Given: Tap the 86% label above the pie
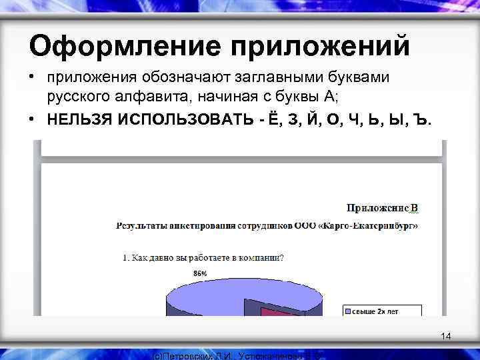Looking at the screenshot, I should coord(199,273).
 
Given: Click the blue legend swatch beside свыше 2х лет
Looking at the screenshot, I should coord(348,310).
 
